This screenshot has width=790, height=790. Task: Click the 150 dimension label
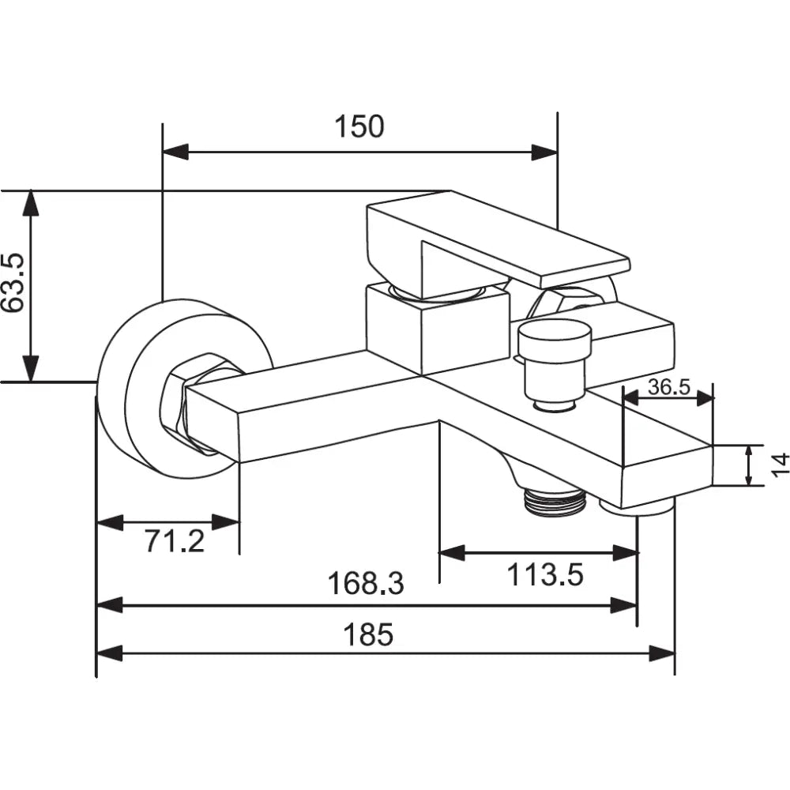pos(359,126)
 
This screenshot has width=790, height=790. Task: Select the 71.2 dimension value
pos(174,542)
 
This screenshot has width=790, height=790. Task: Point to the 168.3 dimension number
pos(366,584)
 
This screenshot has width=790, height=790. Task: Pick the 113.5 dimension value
pos(544,575)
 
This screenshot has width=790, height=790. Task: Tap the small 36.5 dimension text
pos(668,386)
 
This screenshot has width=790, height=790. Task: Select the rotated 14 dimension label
pos(779,464)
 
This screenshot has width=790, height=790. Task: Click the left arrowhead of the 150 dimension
pos(175,152)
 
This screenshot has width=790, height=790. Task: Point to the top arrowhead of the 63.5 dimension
pos(30,204)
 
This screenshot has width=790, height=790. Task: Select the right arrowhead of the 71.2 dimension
pos(226,521)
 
